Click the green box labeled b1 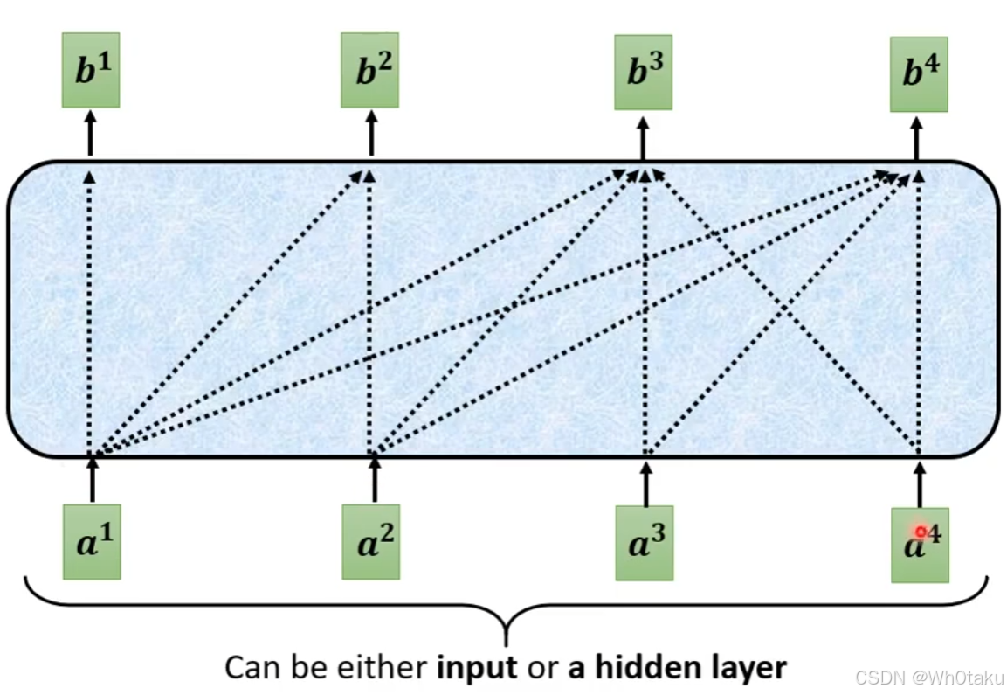(90, 70)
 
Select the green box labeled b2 (369, 70)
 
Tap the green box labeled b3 (643, 73)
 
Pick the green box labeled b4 (918, 74)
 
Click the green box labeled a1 (92, 541)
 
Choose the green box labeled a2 (371, 541)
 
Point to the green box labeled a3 (645, 543)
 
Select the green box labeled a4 (919, 545)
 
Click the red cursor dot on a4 (921, 532)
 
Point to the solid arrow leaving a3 (645, 483)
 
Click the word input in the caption (476, 668)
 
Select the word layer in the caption (745, 669)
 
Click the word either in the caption (384, 667)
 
